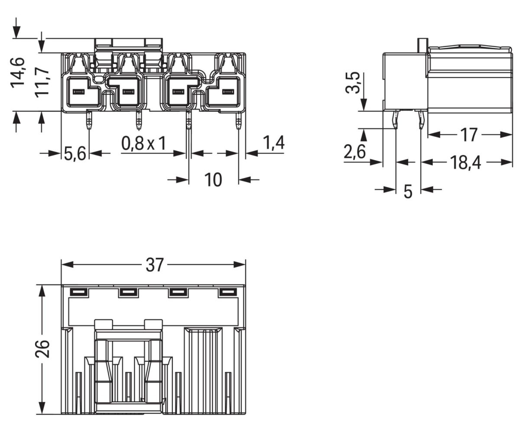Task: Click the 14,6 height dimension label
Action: (18, 73)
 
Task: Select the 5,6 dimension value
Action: (75, 154)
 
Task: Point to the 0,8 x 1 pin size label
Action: (143, 143)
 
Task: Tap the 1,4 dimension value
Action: (273, 143)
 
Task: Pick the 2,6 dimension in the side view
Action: (354, 152)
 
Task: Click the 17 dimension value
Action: (468, 135)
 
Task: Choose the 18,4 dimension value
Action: (465, 162)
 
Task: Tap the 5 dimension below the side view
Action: (408, 191)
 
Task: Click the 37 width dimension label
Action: (154, 265)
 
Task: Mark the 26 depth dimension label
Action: (42, 349)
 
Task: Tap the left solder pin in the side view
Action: (396, 120)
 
